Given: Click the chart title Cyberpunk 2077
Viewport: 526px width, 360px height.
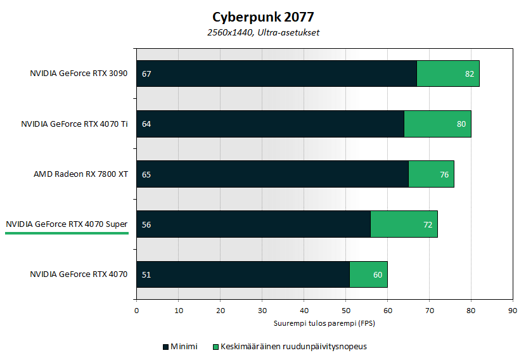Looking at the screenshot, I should click(263, 16).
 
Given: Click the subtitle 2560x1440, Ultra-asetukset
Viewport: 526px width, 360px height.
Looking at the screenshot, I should click(263, 32).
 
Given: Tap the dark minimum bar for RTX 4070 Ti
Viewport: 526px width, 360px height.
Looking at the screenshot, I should click(273, 124).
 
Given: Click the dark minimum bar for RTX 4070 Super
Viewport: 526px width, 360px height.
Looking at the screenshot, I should click(253, 224).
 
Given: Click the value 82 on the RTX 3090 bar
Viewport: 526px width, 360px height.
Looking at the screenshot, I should click(470, 74).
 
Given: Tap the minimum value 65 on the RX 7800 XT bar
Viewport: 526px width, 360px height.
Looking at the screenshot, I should click(146, 174).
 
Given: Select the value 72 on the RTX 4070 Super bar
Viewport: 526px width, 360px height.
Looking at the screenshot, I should click(427, 224).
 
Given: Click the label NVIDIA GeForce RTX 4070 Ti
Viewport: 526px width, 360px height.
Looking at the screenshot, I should click(74, 124).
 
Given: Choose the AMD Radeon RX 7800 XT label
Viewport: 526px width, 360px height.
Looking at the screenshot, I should click(80, 174).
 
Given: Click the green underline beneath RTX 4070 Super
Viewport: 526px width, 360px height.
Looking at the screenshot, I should click(67, 233).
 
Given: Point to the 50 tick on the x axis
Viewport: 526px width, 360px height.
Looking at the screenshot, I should click(345, 311).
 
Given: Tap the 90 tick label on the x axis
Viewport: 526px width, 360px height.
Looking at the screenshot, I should click(512, 311).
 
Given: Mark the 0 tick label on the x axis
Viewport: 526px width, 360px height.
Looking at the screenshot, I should click(136, 311).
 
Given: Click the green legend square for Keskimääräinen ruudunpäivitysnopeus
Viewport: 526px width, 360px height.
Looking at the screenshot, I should click(215, 347).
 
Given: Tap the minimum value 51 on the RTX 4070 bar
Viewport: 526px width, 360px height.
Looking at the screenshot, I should click(146, 274).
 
